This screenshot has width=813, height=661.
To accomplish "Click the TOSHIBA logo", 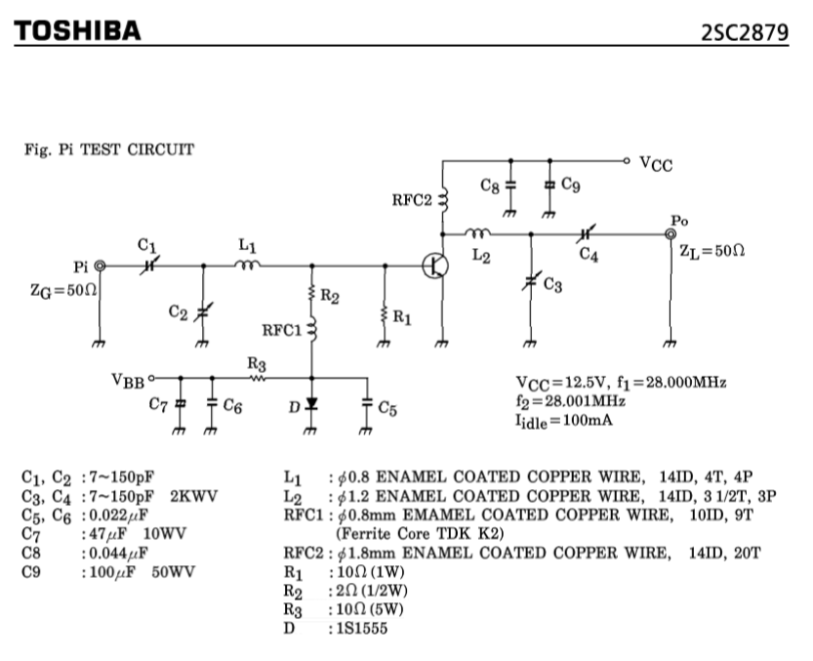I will coord(77,30).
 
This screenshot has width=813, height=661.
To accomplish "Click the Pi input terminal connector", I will coord(99,265).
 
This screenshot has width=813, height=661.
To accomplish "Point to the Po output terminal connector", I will coord(670,234).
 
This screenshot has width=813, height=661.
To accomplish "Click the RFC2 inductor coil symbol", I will coord(442,200).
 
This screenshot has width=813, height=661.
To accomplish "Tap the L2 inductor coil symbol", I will coord(478,233).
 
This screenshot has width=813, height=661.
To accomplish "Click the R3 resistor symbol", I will coord(258,377).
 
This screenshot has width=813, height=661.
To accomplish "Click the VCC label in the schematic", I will coord(656,164).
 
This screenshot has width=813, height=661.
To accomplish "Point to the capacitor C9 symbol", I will coord(549,185).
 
